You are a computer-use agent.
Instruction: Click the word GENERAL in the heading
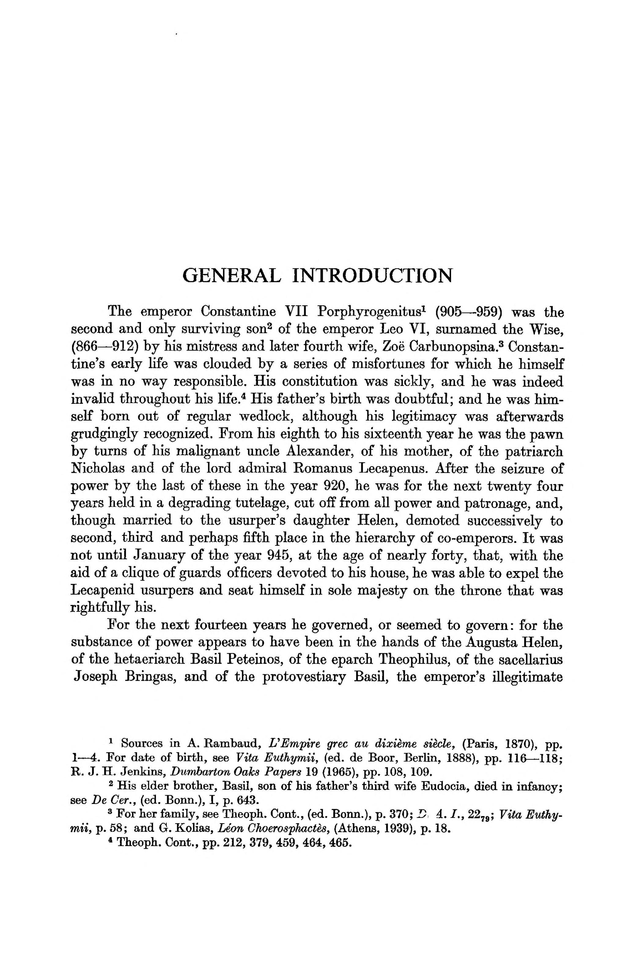231,276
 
